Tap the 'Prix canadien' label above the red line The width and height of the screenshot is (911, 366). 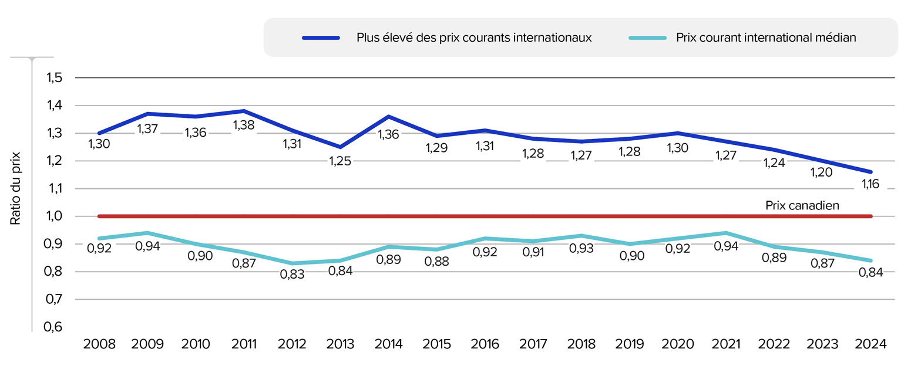pos(801,206)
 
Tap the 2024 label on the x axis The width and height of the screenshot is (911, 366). pos(872,343)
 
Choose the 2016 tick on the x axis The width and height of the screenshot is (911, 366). pos(485,343)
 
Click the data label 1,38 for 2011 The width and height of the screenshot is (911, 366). pos(244,125)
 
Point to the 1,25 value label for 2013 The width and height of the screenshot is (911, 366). pos(340,161)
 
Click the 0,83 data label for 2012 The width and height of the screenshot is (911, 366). pos(292,274)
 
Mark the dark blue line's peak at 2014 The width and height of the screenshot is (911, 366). pos(388,117)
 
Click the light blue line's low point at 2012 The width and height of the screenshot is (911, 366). pos(292,263)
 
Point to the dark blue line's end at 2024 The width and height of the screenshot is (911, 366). pos(872,172)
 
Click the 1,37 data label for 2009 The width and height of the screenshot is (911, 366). pos(147,128)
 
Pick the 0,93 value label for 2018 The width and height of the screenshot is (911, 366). pos(581,248)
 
